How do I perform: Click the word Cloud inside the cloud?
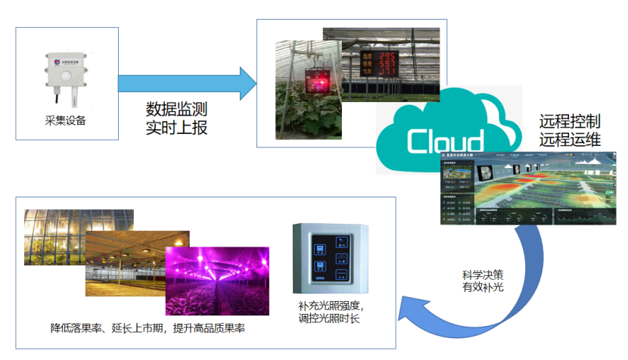(445, 141)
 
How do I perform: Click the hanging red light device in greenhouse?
(314, 79)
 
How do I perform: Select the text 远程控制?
(569, 121)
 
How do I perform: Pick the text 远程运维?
(569, 139)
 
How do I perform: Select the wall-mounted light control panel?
(330, 257)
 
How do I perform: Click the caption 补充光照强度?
(331, 306)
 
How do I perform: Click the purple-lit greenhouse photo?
(216, 281)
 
